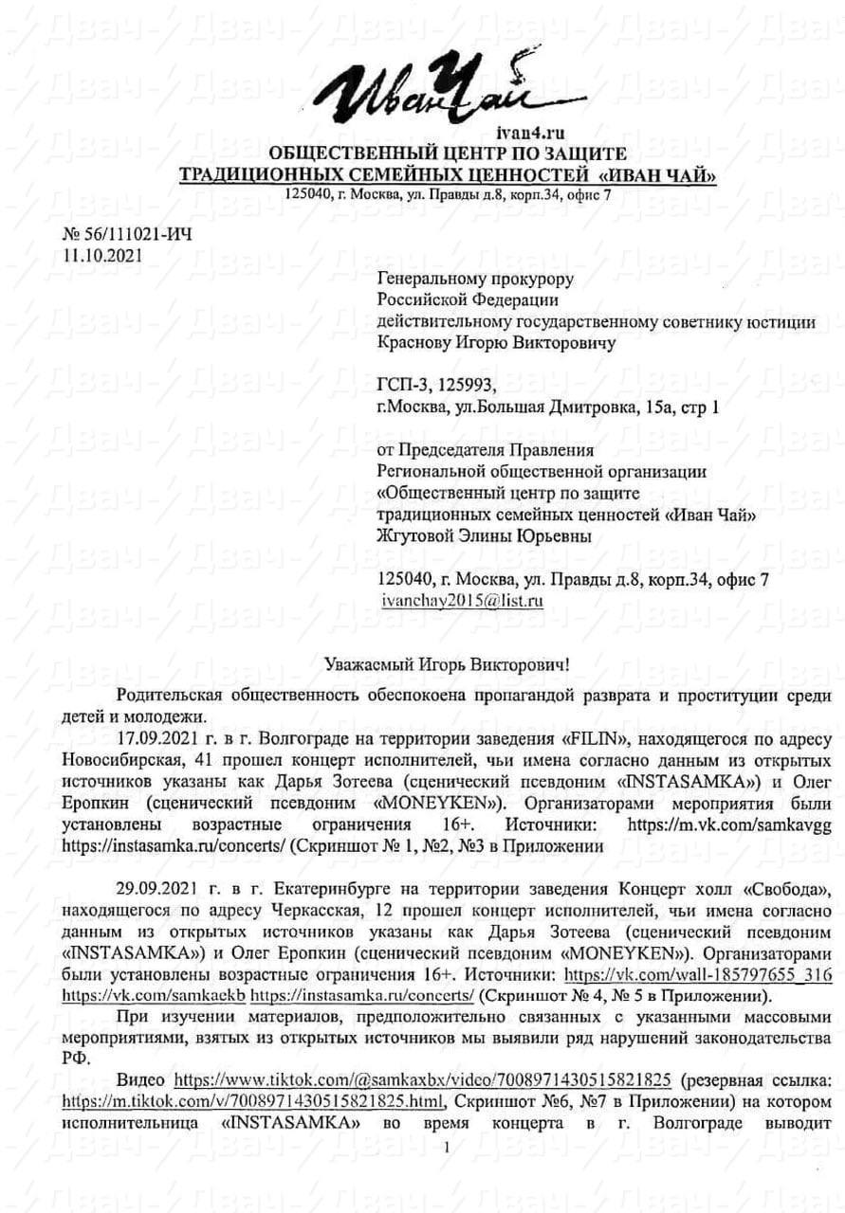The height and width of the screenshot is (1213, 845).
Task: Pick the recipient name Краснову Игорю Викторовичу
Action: tap(496, 343)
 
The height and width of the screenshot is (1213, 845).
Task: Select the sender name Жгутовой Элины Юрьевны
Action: tap(485, 535)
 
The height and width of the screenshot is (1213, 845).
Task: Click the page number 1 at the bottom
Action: tap(445, 1148)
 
